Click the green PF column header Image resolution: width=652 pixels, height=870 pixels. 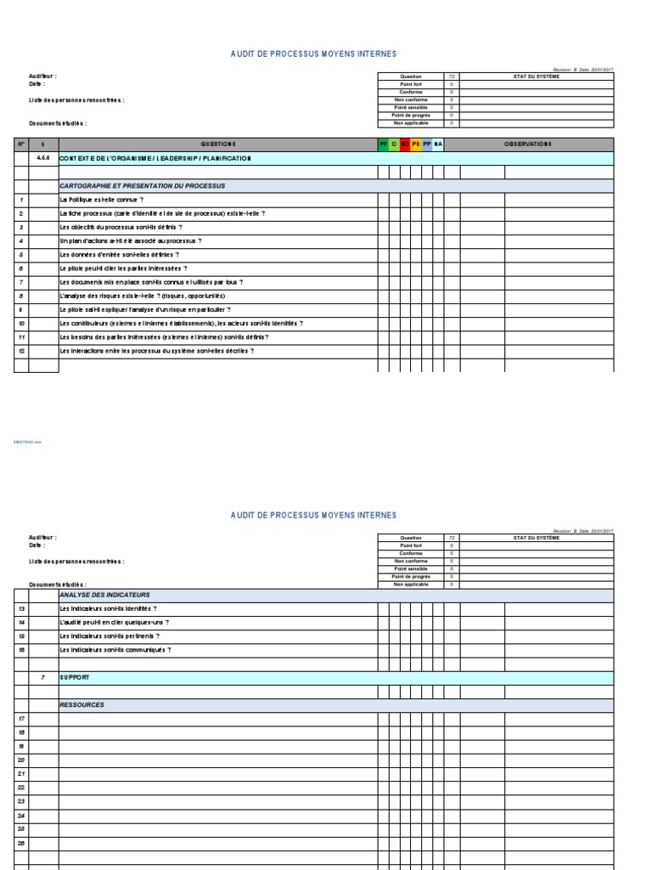point(383,144)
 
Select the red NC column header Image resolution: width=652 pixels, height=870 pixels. point(405,144)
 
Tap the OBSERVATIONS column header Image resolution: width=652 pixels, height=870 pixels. point(527,144)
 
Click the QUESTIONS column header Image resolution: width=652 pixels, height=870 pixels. point(218,144)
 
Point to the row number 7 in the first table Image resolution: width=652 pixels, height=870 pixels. point(20,282)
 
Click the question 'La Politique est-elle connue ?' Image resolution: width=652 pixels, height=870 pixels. point(101,200)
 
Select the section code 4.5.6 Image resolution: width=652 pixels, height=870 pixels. point(43,158)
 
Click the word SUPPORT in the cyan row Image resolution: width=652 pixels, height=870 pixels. point(74,677)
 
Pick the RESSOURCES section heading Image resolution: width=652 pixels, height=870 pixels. point(81,705)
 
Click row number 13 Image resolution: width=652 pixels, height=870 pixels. point(21,608)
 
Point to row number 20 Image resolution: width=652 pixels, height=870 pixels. point(21,760)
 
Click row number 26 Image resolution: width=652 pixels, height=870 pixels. point(21,843)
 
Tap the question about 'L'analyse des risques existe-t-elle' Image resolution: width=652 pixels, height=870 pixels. point(141,296)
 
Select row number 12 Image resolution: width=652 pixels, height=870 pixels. point(20,351)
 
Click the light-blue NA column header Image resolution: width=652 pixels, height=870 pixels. point(438,144)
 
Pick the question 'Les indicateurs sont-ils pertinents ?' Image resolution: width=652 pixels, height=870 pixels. point(109,636)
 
